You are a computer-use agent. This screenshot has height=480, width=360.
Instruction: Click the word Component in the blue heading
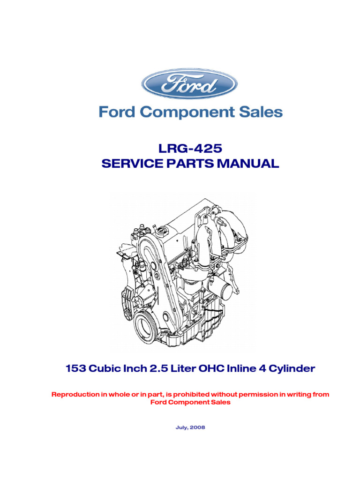tap(186, 113)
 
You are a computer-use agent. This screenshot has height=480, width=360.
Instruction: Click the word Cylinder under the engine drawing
tap(292, 369)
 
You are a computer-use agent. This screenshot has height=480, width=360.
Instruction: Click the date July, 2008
tap(190, 427)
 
